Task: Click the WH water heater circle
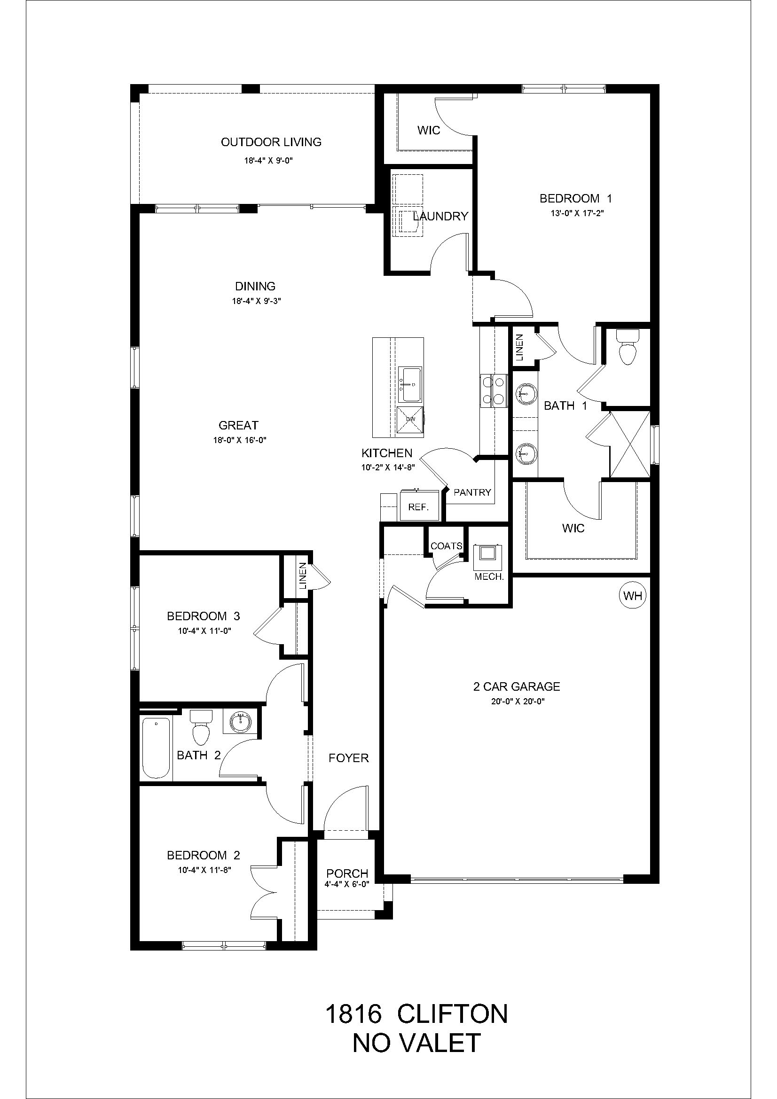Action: point(633,596)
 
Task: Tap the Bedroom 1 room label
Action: point(576,198)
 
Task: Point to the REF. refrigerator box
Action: point(418,507)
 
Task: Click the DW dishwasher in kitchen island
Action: point(410,420)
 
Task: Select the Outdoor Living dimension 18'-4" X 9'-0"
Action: point(268,161)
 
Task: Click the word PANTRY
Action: point(472,492)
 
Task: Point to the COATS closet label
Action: point(446,546)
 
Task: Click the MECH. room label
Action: point(489,577)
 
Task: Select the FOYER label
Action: point(348,758)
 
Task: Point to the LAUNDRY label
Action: point(440,216)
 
